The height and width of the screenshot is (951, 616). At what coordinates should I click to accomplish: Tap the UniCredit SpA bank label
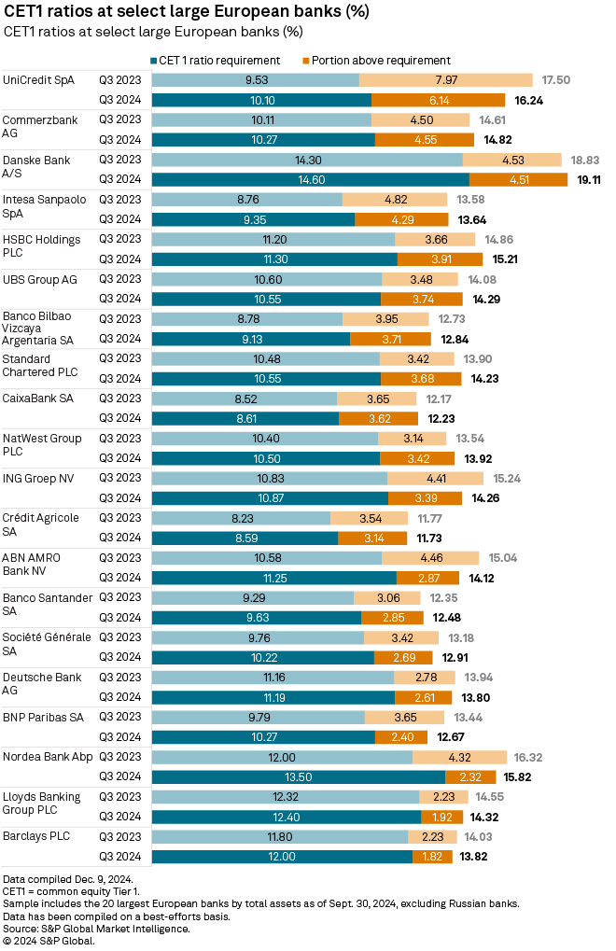38,80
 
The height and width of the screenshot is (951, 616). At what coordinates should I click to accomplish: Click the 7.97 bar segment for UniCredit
446,80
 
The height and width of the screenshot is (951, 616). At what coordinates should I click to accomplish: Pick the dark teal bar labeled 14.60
310,180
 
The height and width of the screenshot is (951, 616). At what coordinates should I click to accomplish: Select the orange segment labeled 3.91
440,259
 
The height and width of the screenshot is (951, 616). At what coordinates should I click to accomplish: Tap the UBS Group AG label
41,279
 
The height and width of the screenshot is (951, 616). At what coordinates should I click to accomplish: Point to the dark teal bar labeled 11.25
273,578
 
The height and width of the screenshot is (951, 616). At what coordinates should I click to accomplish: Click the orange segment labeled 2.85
392,617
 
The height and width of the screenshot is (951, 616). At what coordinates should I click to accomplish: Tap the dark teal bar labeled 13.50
299,776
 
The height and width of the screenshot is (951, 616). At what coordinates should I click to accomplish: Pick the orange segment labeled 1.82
432,856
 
